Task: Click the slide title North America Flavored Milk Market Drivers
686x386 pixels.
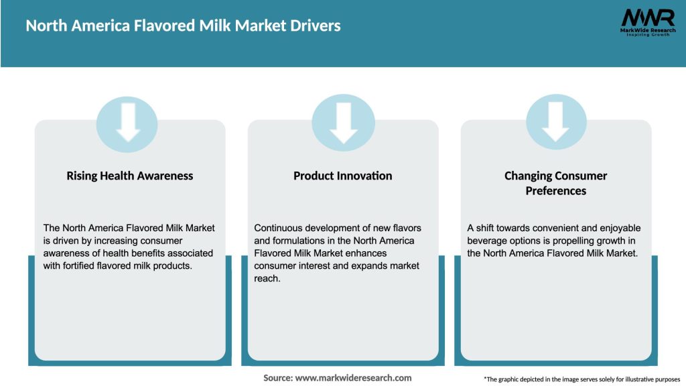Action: (x=183, y=26)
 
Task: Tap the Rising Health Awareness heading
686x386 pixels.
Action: (x=129, y=176)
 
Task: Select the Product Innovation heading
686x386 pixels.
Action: (x=342, y=176)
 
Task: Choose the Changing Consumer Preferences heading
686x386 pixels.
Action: (x=555, y=183)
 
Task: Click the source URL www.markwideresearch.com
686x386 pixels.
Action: (x=353, y=378)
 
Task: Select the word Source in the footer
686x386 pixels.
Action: (x=277, y=378)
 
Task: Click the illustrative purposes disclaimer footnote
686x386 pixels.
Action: (x=581, y=379)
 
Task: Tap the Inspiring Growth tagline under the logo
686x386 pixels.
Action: (x=647, y=35)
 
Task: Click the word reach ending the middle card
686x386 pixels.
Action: (x=267, y=279)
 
